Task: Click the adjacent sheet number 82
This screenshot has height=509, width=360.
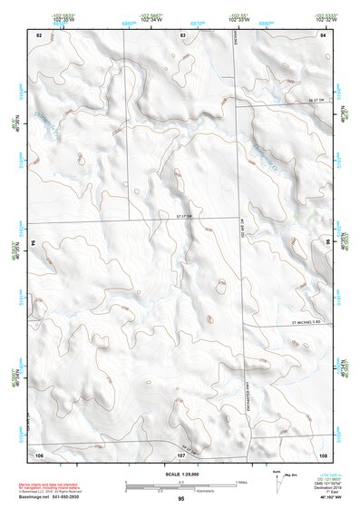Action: pos(39,34)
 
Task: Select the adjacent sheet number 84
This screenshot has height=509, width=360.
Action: pos(322,34)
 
